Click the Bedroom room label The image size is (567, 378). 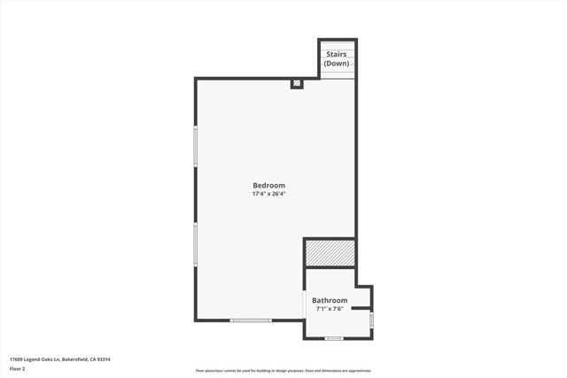[x=268, y=185]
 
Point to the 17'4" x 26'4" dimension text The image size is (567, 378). [x=268, y=193]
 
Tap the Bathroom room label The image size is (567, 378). [x=331, y=301]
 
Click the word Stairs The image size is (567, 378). [x=337, y=55]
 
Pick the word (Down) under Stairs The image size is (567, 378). [x=337, y=64]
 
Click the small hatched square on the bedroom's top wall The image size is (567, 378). [x=298, y=84]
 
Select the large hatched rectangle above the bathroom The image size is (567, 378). [x=330, y=253]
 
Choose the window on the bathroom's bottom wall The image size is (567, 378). [x=334, y=338]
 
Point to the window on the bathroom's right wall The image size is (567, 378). [x=372, y=319]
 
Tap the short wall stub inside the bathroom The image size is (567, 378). [x=363, y=309]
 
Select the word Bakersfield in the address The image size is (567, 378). [x=76, y=359]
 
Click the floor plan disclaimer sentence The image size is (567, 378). [x=283, y=370]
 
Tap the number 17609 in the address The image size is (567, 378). [x=16, y=359]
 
